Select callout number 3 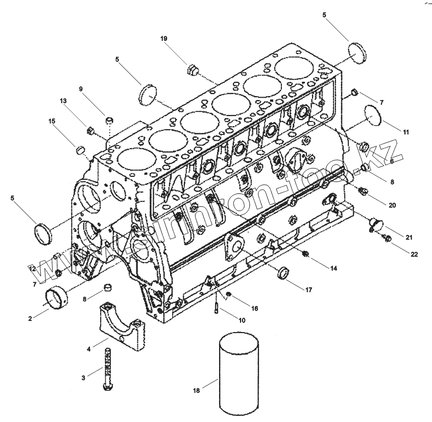point(83,378)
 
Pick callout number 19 point(164,39)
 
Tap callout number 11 point(406,132)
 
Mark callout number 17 point(309,290)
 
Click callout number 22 point(414,254)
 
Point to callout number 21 point(410,237)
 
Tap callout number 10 point(242,320)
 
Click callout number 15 point(52,121)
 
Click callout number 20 point(392,205)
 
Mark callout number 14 point(333,268)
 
